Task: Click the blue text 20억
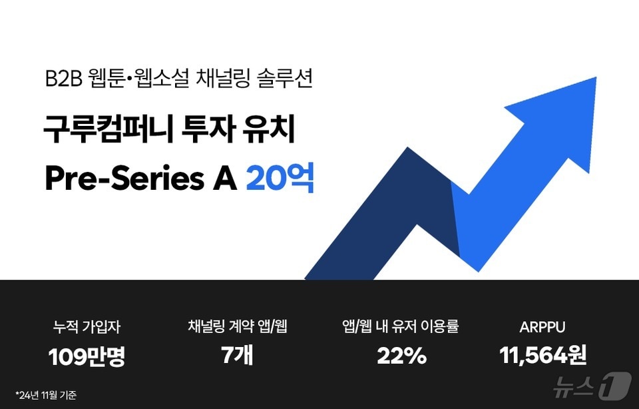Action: (280, 179)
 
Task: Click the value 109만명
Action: (87, 357)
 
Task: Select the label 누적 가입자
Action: (87, 327)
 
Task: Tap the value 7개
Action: (237, 356)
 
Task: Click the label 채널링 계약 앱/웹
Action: (238, 327)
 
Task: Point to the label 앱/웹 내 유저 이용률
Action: (399, 327)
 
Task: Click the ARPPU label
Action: (542, 328)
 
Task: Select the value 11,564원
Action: (542, 356)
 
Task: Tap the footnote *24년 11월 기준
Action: (46, 395)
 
